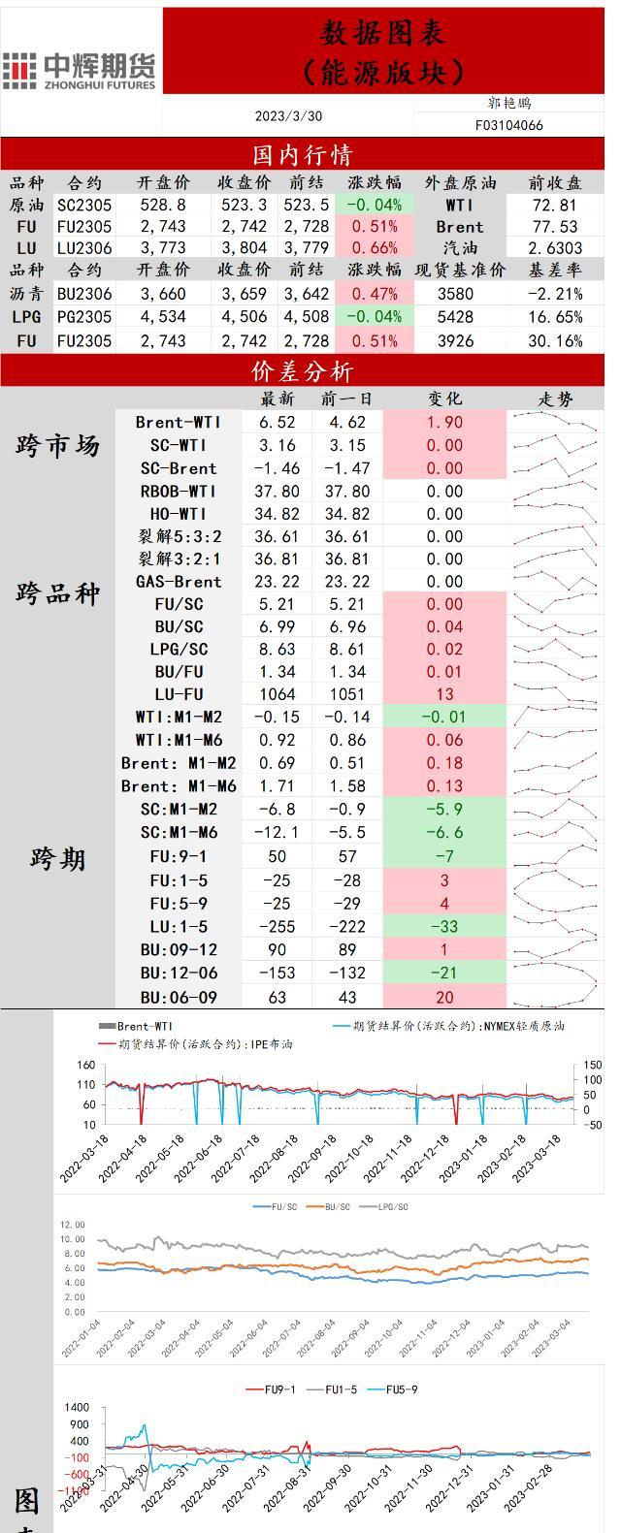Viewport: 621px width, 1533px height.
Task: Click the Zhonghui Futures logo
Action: coord(80,70)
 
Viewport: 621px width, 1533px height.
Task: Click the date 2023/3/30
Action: coord(288,116)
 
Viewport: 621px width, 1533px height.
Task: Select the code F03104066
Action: coord(508,125)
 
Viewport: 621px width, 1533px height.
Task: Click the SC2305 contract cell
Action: coord(84,206)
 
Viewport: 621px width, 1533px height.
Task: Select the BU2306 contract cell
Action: coord(84,294)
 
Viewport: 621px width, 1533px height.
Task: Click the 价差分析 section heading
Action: coord(302,372)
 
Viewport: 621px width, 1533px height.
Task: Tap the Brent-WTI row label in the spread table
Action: coord(179,422)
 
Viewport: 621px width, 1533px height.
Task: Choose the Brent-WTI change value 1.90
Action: coord(444,422)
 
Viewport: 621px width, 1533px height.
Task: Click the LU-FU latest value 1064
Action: coord(278,694)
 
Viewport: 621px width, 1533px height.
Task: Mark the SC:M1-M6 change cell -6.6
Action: coord(444,833)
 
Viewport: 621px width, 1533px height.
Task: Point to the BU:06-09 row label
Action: coord(179,998)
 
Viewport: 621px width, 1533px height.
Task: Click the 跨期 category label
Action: coord(57,859)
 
